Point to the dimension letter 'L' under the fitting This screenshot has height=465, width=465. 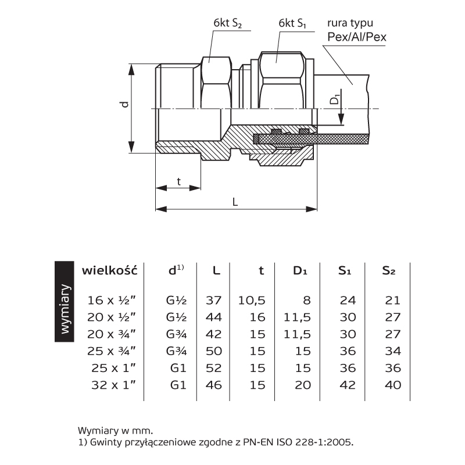tap(235, 202)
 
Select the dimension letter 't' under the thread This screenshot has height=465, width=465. tap(178, 181)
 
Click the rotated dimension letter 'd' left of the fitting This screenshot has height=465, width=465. tap(124, 105)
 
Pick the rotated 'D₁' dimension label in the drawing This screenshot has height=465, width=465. tap(335, 98)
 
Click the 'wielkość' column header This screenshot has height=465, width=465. tap(109, 270)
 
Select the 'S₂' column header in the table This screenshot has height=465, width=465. tap(389, 270)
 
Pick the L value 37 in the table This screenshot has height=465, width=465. tap(214, 301)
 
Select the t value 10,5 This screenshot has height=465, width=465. tap(252, 301)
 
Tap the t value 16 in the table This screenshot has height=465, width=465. tap(258, 317)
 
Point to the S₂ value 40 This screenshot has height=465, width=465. tap(393, 385)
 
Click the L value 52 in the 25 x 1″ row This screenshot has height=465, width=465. tap(214, 368)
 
